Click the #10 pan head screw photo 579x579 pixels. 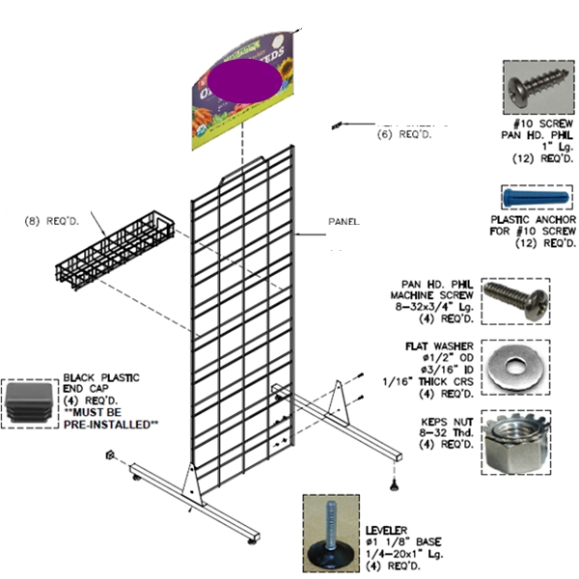click(538, 90)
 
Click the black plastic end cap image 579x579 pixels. click(30, 403)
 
